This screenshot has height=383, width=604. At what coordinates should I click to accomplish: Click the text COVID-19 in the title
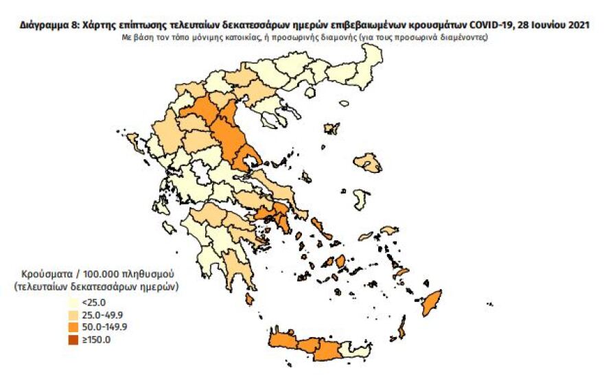492,26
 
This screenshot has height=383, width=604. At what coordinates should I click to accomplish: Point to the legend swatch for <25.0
72,301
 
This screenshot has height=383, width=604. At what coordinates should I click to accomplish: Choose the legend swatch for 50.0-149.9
72,326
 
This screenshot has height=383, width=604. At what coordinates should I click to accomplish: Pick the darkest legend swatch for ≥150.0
72,338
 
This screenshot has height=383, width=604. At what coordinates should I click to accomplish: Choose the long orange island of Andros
318,224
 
